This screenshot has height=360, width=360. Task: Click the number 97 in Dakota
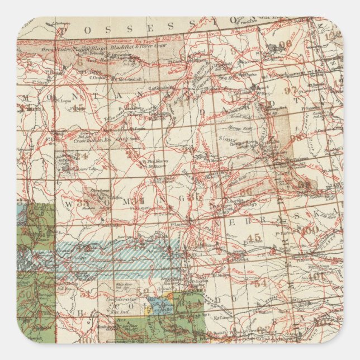[x=290, y=90]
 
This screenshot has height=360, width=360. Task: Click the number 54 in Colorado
[x=259, y=283]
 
